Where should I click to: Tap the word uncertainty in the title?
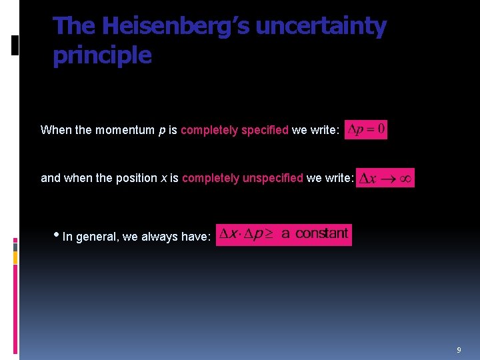point(321,27)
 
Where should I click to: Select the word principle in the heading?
point(102,55)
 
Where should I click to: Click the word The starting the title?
point(75,27)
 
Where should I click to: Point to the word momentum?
point(125,130)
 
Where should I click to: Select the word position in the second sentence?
point(133,178)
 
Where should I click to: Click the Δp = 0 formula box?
point(366,129)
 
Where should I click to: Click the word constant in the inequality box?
point(321,233)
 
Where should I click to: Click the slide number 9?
point(459,350)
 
